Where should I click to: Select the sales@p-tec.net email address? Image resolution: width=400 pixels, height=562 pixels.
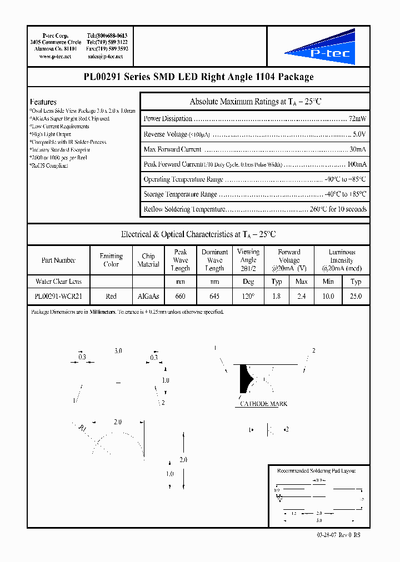(x=107, y=56)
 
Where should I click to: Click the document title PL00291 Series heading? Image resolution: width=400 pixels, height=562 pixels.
(x=198, y=77)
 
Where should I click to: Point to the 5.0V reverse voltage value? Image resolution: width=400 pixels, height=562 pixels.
(x=358, y=134)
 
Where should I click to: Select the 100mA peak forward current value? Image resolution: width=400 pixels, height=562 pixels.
(x=356, y=164)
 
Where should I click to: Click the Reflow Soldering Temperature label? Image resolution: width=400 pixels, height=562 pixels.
(x=184, y=209)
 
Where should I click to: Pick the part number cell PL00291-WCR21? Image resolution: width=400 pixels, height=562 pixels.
(x=58, y=297)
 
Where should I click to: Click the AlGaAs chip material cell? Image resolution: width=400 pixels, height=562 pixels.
(x=148, y=297)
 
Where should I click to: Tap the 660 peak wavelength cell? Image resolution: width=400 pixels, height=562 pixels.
(x=181, y=297)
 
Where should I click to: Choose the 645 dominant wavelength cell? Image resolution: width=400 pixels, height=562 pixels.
(x=214, y=297)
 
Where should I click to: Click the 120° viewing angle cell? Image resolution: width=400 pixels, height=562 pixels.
(x=248, y=297)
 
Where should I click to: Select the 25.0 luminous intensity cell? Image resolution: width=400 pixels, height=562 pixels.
(x=356, y=297)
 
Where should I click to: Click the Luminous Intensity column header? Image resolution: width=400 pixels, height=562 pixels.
(x=342, y=260)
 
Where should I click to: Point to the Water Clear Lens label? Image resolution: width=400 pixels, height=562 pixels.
(x=58, y=282)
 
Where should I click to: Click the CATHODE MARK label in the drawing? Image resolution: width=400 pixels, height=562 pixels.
(x=263, y=404)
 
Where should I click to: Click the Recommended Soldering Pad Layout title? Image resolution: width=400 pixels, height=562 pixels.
(x=316, y=471)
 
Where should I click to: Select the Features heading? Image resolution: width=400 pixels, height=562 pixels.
(x=43, y=102)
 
